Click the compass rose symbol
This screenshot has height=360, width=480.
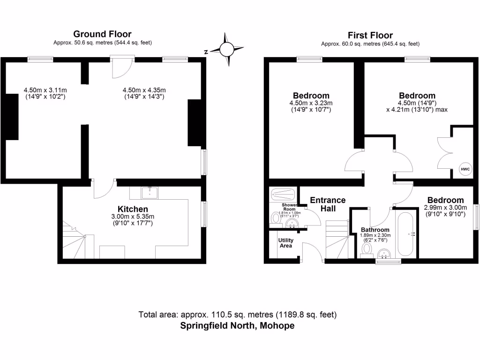point(227,49)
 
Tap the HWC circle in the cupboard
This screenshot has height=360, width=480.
point(465,169)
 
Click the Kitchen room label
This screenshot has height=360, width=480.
point(133,209)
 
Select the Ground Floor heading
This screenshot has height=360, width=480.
point(102,34)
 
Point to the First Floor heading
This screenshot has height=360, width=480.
point(370,35)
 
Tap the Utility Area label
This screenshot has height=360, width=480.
point(286,243)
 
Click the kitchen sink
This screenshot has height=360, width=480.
point(150,191)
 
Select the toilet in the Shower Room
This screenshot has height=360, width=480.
point(276,217)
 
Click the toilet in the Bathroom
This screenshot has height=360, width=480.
point(367,248)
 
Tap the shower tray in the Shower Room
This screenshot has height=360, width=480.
point(283,194)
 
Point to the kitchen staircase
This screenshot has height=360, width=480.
point(74,241)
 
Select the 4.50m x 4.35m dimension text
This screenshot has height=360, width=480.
point(144,94)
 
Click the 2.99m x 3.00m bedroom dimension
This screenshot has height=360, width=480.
point(445,211)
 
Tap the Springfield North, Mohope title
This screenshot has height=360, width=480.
point(238,326)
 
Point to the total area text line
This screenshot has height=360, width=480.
point(238,315)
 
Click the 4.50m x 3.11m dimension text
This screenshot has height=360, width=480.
point(45,94)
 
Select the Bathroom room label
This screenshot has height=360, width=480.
point(375,230)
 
